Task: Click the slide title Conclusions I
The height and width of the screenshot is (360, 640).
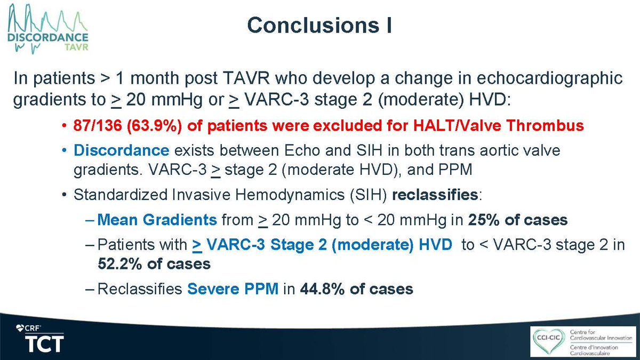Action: click(320, 26)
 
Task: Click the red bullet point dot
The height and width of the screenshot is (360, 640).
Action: click(63, 127)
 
